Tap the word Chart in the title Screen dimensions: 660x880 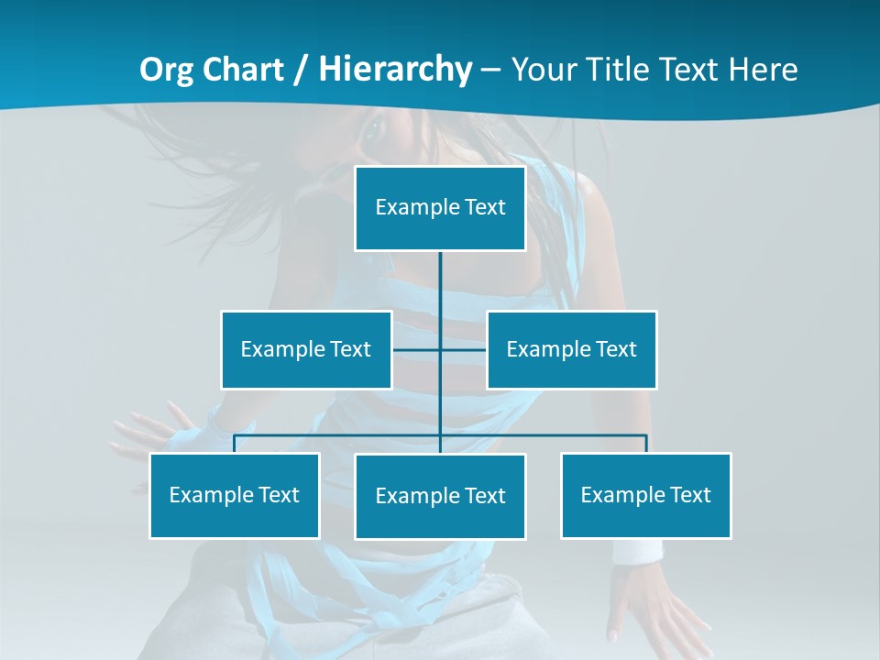click(239, 70)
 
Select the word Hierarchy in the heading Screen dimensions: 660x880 click(395, 70)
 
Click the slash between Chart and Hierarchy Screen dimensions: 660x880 click(301, 71)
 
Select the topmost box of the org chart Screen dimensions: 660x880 click(440, 208)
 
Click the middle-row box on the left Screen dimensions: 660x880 click(306, 349)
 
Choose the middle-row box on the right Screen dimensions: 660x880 click(572, 349)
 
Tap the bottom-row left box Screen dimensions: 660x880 click(235, 495)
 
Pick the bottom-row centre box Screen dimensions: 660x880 click(440, 496)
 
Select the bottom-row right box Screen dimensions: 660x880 click(646, 495)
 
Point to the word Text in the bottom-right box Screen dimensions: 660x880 click(690, 495)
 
